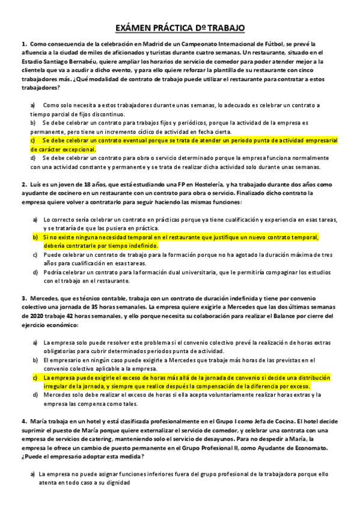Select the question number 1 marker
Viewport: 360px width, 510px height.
tap(23, 45)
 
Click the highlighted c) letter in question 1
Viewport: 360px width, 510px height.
tap(34, 140)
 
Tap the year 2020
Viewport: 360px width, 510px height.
tap(30, 316)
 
